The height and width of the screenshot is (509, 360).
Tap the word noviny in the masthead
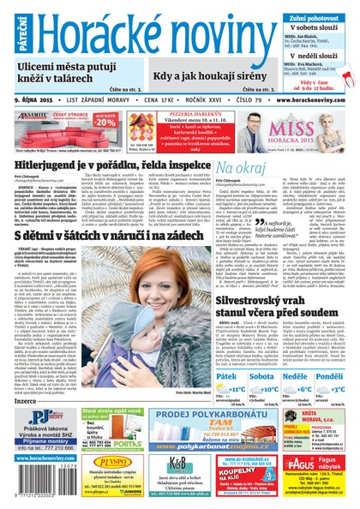[215, 33]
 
